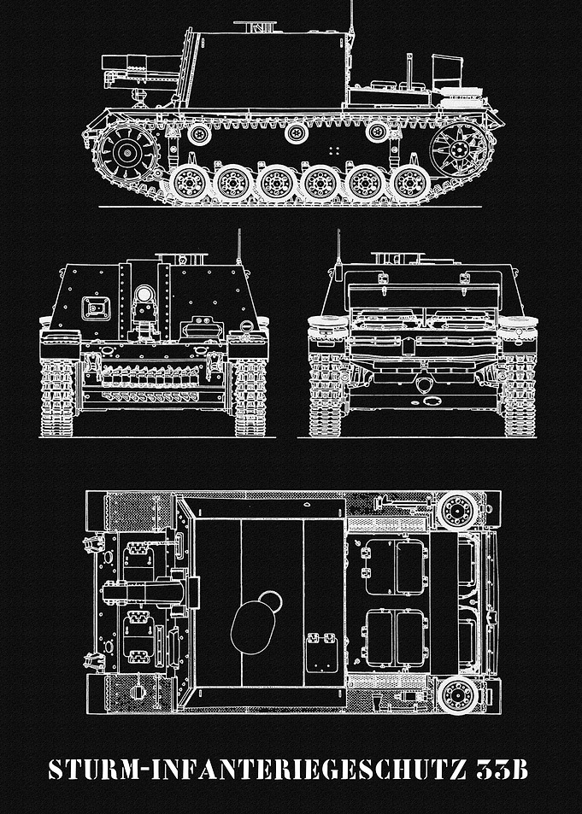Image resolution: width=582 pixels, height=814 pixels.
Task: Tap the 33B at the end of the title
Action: point(503,770)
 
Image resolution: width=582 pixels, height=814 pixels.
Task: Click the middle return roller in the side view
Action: point(297,133)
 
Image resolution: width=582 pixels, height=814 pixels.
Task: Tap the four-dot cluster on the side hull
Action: point(334,150)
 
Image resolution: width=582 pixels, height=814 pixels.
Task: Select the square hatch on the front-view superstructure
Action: point(96,308)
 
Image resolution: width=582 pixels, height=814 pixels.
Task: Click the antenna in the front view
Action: point(239,247)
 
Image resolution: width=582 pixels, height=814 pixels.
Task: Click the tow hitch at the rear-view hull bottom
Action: point(425,384)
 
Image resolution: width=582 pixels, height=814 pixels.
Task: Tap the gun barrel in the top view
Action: point(146,592)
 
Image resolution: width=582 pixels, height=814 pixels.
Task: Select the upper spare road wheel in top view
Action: point(458,511)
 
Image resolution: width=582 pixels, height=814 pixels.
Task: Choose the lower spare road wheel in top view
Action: point(458,694)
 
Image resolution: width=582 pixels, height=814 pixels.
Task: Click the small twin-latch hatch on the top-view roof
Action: point(321,653)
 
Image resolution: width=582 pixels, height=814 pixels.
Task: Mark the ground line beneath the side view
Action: point(290,207)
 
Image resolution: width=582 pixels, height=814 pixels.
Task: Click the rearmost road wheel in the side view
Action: point(410,183)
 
